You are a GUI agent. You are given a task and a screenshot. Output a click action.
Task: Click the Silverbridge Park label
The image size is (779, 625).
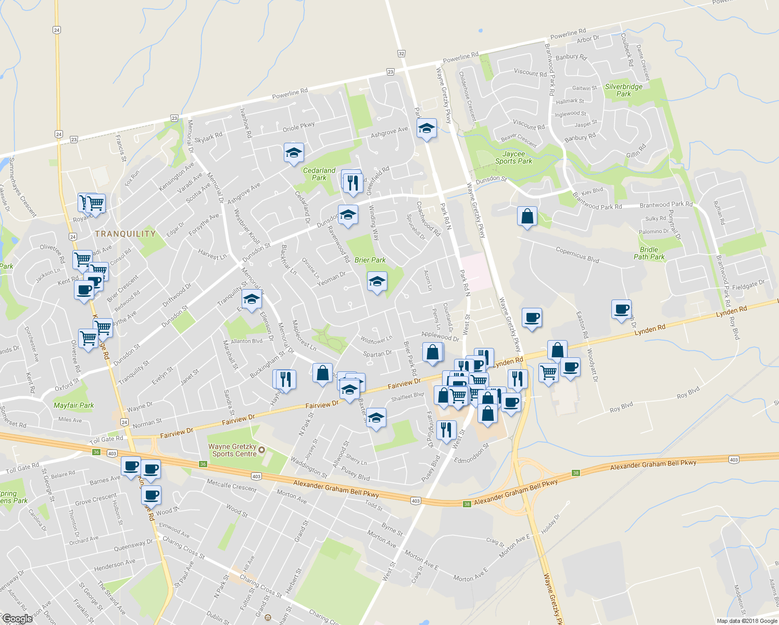(x=623, y=91)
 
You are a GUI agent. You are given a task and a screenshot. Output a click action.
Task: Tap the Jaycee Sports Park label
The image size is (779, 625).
(x=513, y=157)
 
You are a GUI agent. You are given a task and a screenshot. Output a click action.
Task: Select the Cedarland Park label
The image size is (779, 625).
(x=319, y=174)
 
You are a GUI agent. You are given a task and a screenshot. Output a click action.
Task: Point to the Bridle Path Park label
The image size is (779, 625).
(x=649, y=253)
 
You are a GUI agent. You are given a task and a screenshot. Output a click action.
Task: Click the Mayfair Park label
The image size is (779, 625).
(x=74, y=405)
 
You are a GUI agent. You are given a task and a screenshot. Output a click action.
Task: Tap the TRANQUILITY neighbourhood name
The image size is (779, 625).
(x=125, y=234)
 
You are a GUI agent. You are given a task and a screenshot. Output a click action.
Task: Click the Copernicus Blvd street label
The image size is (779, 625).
(x=577, y=255)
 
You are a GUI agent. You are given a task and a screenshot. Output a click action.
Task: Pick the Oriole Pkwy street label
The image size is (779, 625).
(x=298, y=127)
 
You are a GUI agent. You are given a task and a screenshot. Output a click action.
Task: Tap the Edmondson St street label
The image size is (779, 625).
(x=472, y=454)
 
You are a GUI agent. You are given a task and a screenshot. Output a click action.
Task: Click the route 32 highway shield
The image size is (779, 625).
(x=401, y=54)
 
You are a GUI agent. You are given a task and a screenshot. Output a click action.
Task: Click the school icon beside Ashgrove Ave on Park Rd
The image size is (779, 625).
(x=426, y=128)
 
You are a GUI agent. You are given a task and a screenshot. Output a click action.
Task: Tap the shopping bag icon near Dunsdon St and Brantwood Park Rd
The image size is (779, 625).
(x=527, y=216)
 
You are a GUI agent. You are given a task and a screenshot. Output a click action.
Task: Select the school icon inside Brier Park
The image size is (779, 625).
(x=377, y=282)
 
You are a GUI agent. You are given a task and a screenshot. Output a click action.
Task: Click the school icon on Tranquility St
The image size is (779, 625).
(x=252, y=299)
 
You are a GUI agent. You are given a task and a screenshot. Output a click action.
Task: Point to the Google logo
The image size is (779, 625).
(x=17, y=619)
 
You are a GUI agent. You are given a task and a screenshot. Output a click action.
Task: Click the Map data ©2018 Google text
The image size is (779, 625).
(x=746, y=621)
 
